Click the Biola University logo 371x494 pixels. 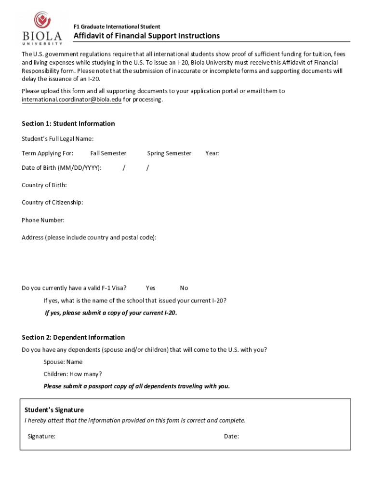tap(42, 27)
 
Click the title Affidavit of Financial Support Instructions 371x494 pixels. tap(146, 36)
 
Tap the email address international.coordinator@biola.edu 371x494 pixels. tap(71, 100)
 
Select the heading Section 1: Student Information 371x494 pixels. tap(68, 123)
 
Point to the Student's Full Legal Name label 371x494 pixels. tap(57, 139)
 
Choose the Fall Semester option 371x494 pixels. tap(108, 153)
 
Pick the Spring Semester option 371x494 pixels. tap(169, 153)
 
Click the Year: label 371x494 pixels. tap(212, 153)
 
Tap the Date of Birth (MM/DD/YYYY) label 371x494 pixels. tap(61, 168)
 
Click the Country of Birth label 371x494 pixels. tap(44, 185)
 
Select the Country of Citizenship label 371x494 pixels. tap(52, 203)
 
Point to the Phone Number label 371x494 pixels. tap(43, 220)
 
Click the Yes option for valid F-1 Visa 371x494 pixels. tap(150, 288)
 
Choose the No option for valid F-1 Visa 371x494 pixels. tap(184, 288)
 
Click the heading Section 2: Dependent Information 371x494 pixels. tap(73, 337)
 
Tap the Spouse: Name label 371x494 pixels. tap(63, 362)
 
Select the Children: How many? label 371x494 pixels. tap(73, 374)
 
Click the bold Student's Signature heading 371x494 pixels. tap(54, 410)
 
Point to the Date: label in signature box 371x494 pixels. tap(231, 437)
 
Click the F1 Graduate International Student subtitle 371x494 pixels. tap(117, 27)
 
